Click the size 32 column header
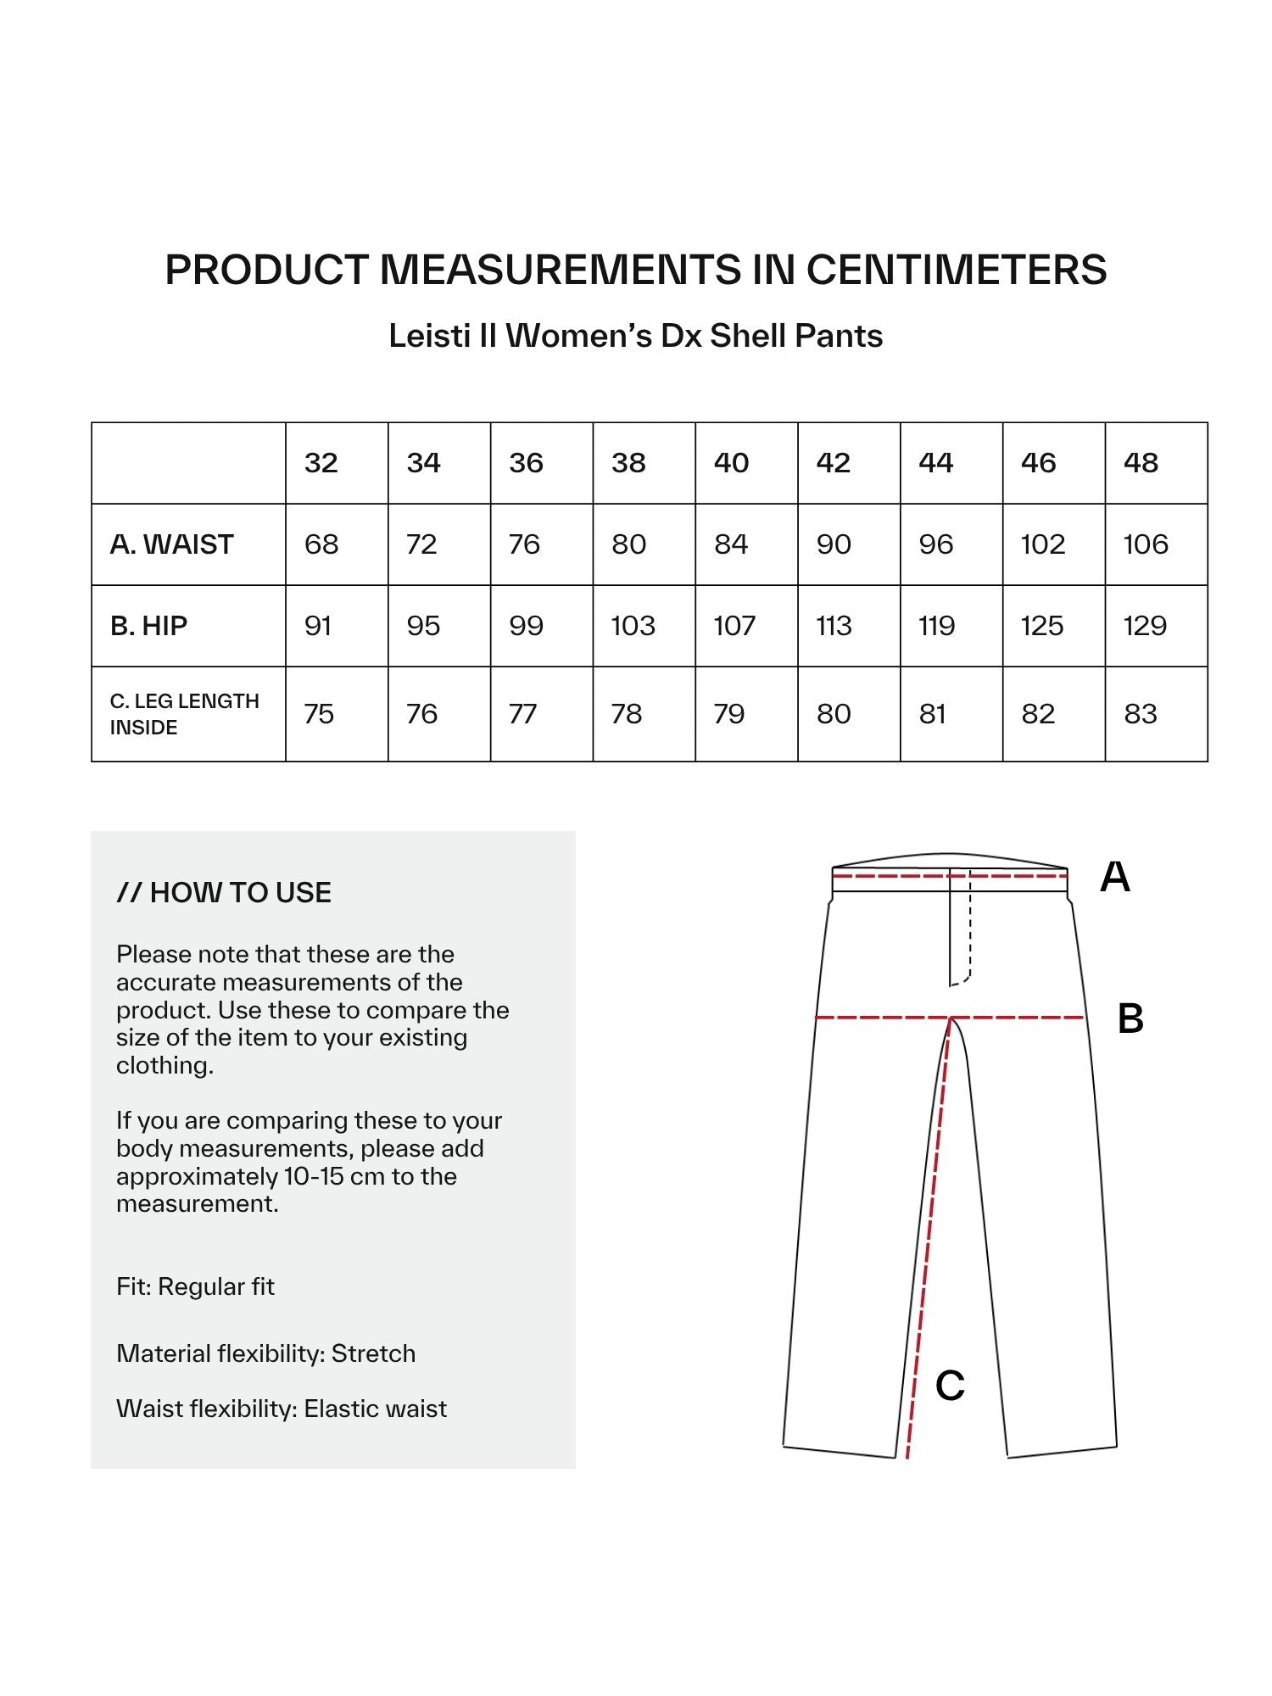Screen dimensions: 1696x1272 point(321,463)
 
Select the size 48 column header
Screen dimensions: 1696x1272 point(1141,463)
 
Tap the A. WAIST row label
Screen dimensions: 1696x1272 point(172,544)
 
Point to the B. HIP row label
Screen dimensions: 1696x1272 point(149,626)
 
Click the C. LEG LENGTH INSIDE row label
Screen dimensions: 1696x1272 point(185,714)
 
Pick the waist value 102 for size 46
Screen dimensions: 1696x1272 point(1043,544)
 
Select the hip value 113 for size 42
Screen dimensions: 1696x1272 point(834,626)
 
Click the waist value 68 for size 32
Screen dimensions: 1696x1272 point(321,544)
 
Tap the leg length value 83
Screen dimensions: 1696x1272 point(1141,714)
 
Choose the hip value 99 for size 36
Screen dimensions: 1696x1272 point(526,626)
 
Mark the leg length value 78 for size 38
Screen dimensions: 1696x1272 point(627,714)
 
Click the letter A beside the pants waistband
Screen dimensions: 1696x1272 point(1115,877)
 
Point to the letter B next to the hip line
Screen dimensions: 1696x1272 point(1130,1018)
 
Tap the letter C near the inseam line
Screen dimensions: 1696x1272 point(950,1386)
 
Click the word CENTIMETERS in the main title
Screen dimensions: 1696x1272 point(956,270)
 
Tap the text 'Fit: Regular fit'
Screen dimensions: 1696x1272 point(196,1286)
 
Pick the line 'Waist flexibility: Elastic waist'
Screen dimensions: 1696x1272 point(282,1409)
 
